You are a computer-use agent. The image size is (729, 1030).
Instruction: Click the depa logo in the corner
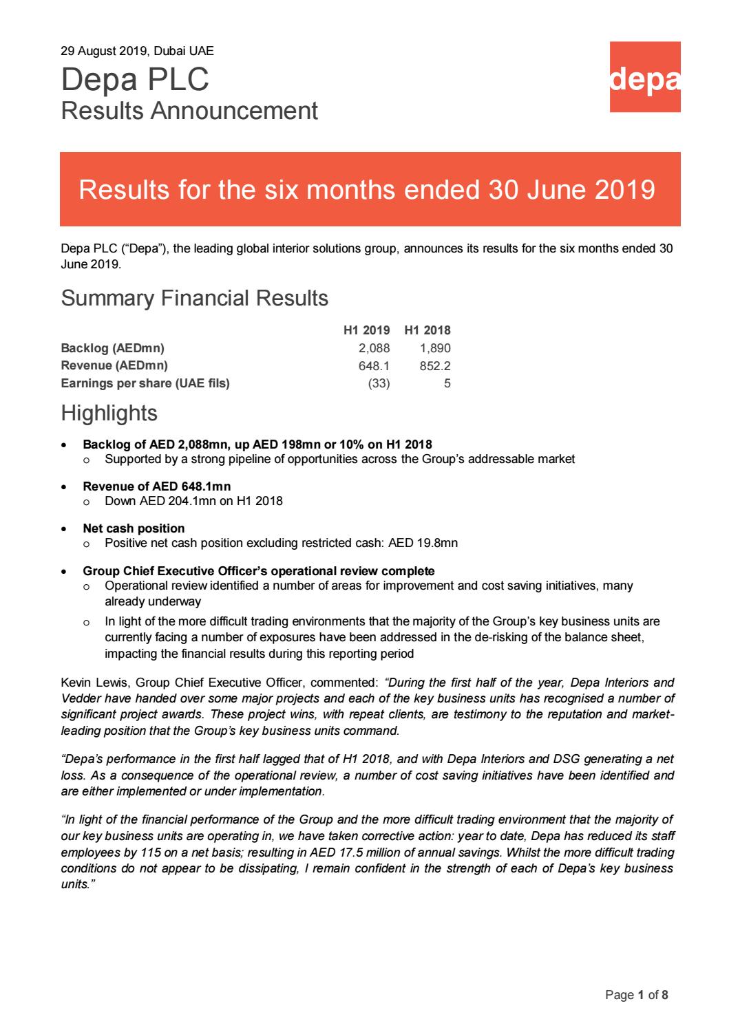click(645, 76)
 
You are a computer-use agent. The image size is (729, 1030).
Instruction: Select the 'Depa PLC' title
click(135, 80)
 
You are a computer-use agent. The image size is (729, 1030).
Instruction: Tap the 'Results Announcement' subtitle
click(189, 111)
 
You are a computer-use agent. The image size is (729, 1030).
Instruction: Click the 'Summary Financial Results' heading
click(194, 298)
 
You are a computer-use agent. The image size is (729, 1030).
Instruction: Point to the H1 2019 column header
click(366, 330)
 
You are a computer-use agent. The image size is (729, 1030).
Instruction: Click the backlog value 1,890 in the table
click(435, 348)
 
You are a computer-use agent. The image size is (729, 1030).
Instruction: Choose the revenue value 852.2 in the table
click(435, 366)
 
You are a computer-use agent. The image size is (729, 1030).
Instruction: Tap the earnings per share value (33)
click(379, 384)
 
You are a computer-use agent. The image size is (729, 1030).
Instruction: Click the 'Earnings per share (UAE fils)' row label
click(145, 384)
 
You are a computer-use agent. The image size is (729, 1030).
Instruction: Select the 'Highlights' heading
click(109, 413)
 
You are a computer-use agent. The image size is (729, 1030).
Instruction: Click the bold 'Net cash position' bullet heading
click(134, 528)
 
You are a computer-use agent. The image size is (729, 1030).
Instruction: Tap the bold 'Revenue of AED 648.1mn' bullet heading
click(156, 486)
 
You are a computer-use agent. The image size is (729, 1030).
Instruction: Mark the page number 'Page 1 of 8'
click(636, 995)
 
